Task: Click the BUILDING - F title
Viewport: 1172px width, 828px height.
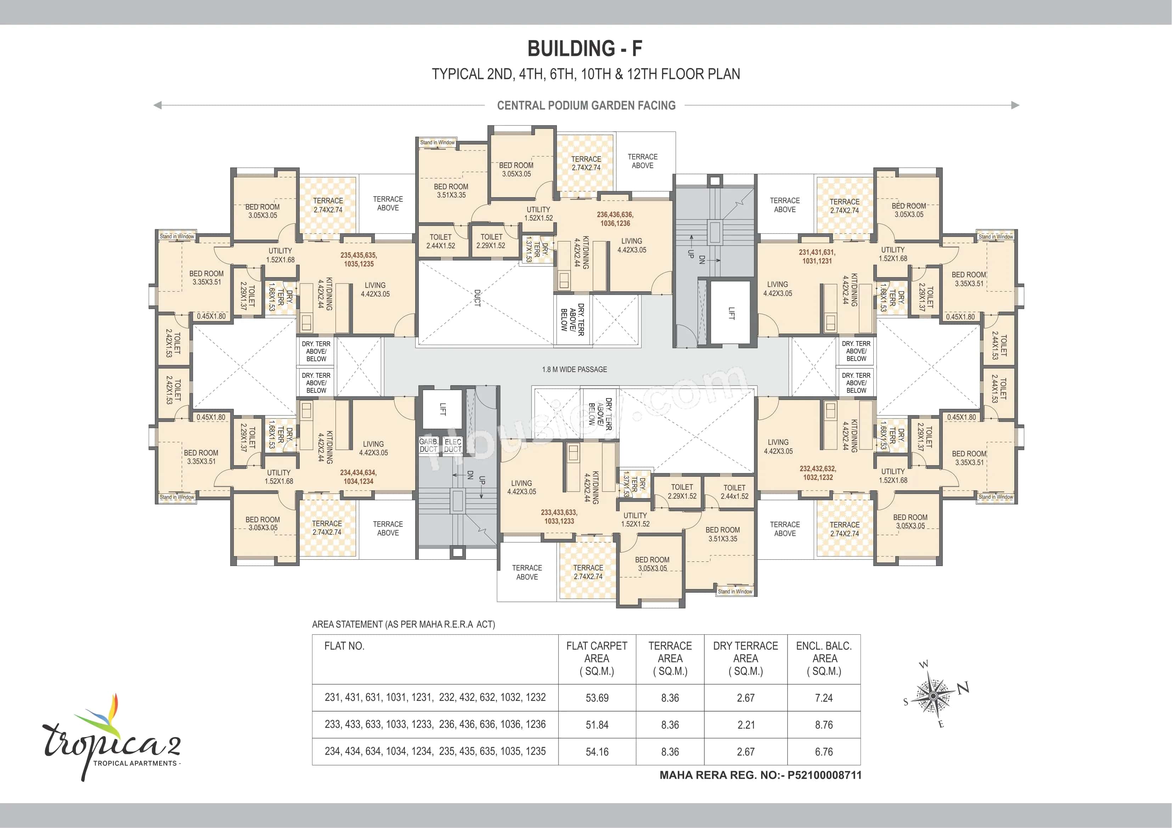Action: pos(585,49)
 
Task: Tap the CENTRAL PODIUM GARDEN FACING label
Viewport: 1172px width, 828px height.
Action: pos(586,105)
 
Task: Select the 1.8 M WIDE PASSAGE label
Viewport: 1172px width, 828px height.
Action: pos(574,369)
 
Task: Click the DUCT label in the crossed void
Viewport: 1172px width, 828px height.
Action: pos(477,298)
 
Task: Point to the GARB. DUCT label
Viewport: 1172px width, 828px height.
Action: pos(429,445)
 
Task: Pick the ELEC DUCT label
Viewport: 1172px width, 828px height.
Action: pos(453,445)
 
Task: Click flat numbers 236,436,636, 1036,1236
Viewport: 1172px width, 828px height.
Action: pos(615,219)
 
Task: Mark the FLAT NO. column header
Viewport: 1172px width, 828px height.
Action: pos(344,646)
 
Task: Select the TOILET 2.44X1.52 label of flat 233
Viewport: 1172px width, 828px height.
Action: pos(734,492)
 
